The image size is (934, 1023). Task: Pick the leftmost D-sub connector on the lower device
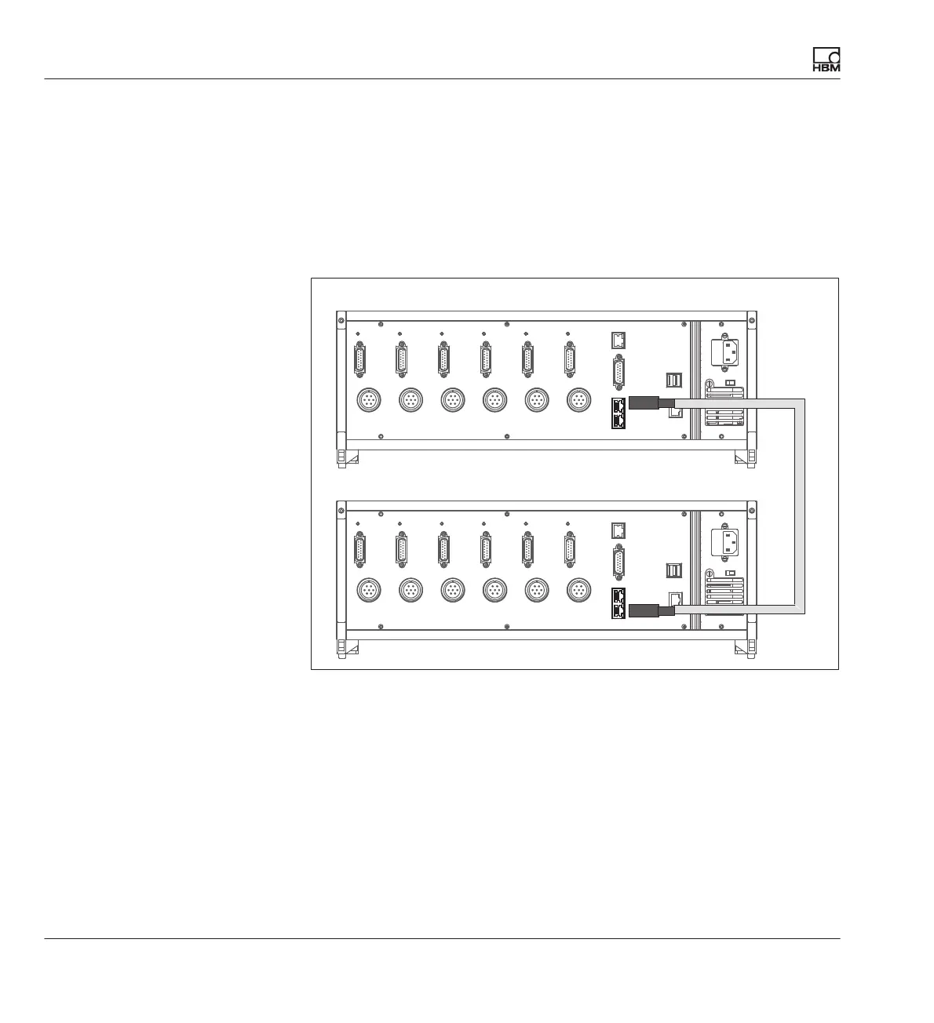pos(360,548)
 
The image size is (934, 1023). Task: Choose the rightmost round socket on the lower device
pos(578,589)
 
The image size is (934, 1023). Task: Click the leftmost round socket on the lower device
pos(368,589)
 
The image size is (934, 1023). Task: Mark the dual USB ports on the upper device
pos(674,380)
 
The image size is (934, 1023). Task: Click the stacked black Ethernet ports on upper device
pos(618,413)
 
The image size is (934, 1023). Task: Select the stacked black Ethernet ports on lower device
pos(618,603)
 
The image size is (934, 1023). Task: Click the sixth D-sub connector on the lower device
pos(571,548)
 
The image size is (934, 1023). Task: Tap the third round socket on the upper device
pos(452,400)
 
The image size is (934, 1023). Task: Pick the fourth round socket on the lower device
pos(494,589)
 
